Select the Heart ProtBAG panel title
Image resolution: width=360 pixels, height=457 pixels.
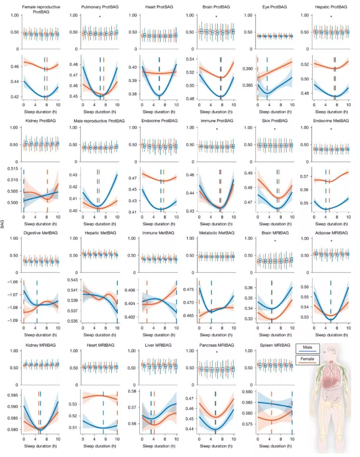coord(159,7)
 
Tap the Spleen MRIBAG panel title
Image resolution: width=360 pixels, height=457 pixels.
coord(275,345)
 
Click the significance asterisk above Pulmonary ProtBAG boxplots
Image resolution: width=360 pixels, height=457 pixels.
coord(100,17)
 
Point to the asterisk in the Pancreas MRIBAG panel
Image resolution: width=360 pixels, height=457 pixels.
coord(217,352)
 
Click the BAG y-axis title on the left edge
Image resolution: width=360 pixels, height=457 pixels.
coord(2,224)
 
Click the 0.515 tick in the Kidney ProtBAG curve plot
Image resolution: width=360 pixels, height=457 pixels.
coord(13,169)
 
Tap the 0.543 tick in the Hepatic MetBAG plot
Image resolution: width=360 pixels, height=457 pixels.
coord(73,280)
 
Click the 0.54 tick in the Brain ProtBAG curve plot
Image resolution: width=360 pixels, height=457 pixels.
coord(190,59)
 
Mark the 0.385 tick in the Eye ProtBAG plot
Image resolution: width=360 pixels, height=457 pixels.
coord(248,85)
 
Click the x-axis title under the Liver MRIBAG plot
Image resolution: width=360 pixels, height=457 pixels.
coord(159,446)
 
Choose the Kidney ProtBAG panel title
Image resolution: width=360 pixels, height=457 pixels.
coord(40,121)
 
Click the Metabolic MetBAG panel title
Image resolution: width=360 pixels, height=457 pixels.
coord(217,233)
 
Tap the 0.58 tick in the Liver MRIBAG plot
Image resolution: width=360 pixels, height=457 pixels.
coord(132,391)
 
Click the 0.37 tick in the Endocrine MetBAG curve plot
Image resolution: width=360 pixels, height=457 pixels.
coord(304,176)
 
